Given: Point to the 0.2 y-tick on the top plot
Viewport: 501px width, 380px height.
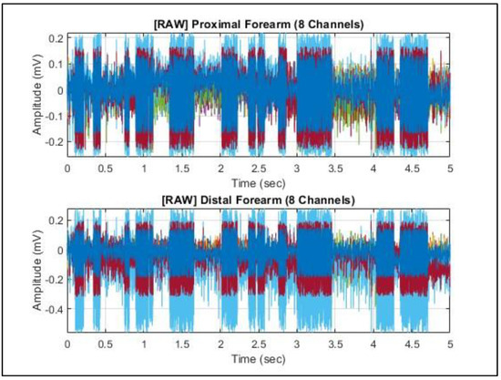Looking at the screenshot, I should point(54,38).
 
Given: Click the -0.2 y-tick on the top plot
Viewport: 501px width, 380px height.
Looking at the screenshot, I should point(51,141).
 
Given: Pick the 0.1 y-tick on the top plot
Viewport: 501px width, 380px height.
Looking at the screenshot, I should point(54,65).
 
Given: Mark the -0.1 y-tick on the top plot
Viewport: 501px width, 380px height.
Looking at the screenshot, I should point(51,116).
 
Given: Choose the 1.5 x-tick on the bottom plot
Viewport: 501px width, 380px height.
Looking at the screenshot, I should point(182,345).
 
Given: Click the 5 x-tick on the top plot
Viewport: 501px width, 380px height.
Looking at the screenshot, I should point(450,169).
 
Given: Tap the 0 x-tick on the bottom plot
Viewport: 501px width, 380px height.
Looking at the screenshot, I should point(67,345).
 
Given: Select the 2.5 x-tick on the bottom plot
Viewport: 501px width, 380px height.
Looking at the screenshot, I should point(259,345).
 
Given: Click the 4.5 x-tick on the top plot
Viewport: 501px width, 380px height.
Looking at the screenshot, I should point(412,169).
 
